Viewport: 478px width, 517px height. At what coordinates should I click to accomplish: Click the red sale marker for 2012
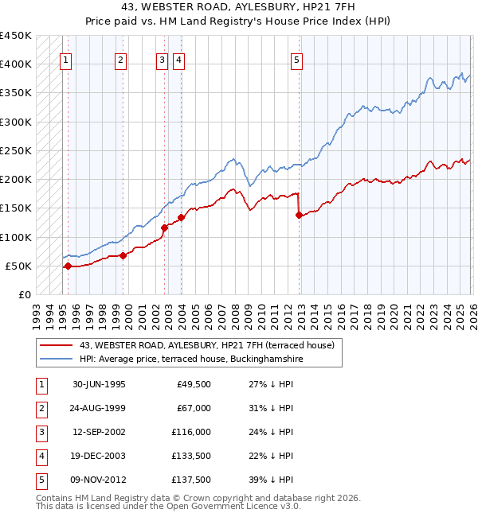(x=299, y=215)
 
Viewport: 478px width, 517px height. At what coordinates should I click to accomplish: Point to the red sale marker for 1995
(x=68, y=266)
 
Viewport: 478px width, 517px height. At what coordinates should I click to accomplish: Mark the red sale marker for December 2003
(x=181, y=217)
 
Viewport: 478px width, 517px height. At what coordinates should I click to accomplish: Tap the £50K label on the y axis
(x=18, y=266)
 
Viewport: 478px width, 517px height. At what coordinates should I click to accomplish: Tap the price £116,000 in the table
(x=189, y=432)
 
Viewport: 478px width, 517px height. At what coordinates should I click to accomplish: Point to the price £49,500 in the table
(x=192, y=384)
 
